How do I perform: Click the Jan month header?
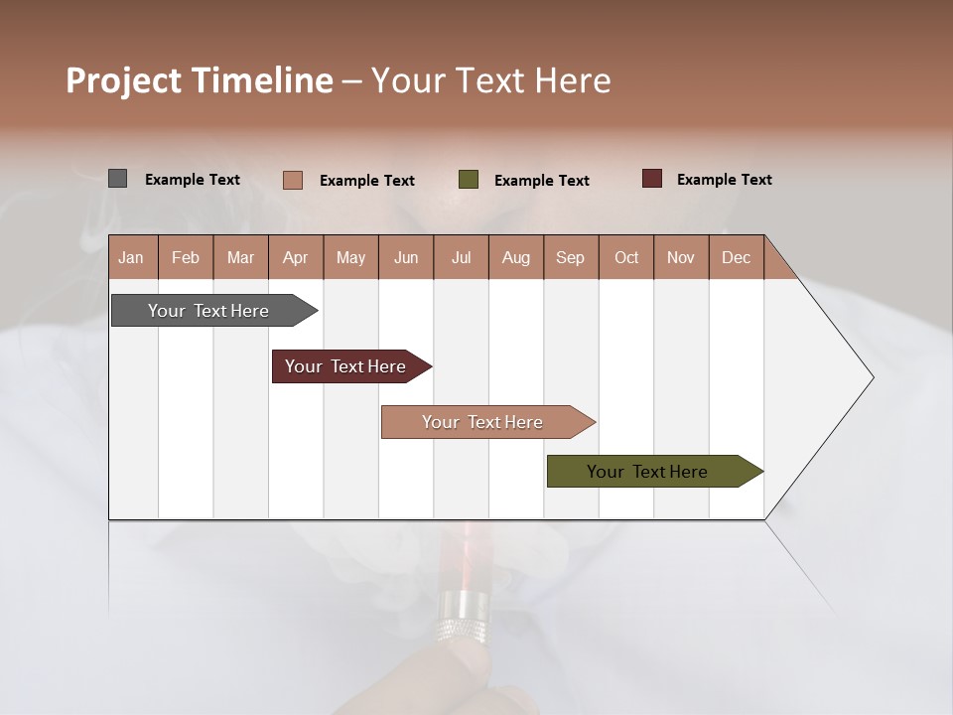pos(131,258)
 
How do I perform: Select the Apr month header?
pos(295,258)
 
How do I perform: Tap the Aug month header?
pos(515,258)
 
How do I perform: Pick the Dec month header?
pos(736,258)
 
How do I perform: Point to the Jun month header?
pos(405,258)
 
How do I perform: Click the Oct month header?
pos(625,258)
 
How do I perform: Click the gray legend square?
pos(117,179)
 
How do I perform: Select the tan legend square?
pos(292,180)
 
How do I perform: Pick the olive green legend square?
pos(469,180)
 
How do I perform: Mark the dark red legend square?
pos(651,179)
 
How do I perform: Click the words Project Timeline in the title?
pos(199,80)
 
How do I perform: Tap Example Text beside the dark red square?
pos(724,180)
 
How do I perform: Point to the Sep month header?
pos(570,258)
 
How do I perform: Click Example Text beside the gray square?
pos(193,180)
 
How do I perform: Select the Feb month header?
pos(186,258)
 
